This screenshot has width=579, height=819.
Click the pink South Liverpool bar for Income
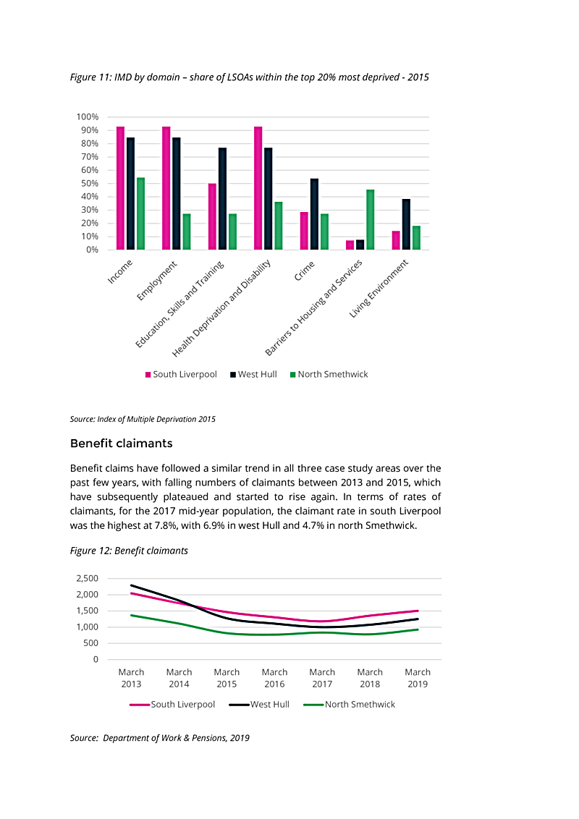(x=120, y=188)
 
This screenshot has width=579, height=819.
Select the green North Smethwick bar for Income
(x=140, y=213)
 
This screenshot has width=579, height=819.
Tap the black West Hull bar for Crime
(x=314, y=214)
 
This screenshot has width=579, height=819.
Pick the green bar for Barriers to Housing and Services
(x=370, y=220)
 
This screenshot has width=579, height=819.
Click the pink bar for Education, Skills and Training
(x=212, y=217)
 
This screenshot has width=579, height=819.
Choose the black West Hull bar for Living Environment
(x=406, y=224)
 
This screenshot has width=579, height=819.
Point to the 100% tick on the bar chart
(x=88, y=117)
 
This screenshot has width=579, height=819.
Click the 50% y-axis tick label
(x=89, y=183)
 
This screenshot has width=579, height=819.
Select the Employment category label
(x=157, y=281)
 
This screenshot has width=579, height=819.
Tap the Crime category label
(x=304, y=271)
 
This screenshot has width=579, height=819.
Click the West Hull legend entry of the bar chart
(x=253, y=375)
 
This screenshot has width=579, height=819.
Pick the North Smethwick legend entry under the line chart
(x=349, y=705)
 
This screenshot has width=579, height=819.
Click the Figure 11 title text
(x=249, y=77)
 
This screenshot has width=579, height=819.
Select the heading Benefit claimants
(x=122, y=444)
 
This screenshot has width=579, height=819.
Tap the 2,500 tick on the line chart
(x=88, y=579)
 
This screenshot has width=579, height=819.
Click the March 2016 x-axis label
(x=274, y=678)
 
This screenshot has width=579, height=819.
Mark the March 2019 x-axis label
(x=418, y=678)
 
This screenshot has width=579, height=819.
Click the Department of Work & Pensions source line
(x=160, y=738)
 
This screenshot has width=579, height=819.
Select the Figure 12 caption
(x=129, y=551)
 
